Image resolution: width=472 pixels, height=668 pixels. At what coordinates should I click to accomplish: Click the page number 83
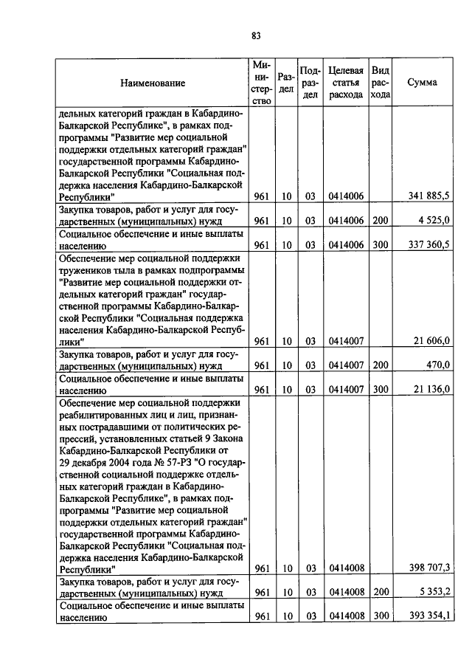pyautogui.click(x=256, y=35)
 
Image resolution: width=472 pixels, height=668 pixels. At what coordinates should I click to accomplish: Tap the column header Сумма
pyautogui.click(x=422, y=83)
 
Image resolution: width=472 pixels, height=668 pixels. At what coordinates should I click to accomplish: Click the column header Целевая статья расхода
pyautogui.click(x=345, y=83)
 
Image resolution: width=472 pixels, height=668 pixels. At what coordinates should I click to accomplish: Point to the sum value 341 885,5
pyautogui.click(x=428, y=196)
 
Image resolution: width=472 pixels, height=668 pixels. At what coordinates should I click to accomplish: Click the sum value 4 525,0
pyautogui.click(x=433, y=220)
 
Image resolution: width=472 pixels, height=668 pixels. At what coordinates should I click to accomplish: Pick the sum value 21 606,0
pyautogui.click(x=431, y=341)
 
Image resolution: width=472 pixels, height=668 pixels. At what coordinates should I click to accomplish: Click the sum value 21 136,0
pyautogui.click(x=431, y=390)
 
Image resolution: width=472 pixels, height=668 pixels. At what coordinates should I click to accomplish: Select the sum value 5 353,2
pyautogui.click(x=433, y=592)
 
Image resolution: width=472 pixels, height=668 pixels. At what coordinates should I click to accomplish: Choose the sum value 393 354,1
pyautogui.click(x=428, y=616)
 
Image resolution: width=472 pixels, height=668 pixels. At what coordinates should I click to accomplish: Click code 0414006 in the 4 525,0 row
pyautogui.click(x=344, y=220)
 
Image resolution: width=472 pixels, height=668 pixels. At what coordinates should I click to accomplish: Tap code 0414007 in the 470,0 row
pyautogui.click(x=344, y=365)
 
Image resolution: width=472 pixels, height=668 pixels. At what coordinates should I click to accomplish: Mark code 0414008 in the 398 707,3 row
pyautogui.click(x=344, y=568)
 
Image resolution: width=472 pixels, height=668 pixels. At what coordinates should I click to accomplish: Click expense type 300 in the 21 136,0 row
pyautogui.click(x=379, y=390)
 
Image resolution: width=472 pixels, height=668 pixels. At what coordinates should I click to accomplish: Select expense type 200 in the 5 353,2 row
pyautogui.click(x=379, y=592)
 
